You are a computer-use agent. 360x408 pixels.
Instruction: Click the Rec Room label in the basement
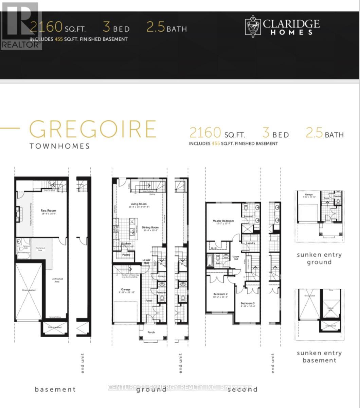coord(48,211)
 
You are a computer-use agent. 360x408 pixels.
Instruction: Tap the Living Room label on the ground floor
coord(139,204)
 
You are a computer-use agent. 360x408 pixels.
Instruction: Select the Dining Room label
coord(150,227)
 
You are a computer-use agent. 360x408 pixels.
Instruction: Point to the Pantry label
coord(126,255)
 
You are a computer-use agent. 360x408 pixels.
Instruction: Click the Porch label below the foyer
coord(151,332)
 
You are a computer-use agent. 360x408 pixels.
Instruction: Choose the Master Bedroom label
coord(223,221)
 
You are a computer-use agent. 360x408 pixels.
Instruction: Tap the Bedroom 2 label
coord(220,294)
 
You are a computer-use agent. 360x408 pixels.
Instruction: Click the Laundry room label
coord(251,243)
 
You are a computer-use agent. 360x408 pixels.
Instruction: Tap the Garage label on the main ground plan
coord(126,289)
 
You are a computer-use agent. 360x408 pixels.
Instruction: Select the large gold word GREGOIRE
coord(92,129)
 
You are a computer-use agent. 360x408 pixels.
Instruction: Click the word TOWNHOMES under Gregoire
coord(60,146)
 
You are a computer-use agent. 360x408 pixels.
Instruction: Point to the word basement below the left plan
coord(55,389)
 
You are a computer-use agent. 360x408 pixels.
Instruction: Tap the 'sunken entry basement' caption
coord(319,356)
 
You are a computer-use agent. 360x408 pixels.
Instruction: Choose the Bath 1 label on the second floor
coord(219,263)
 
